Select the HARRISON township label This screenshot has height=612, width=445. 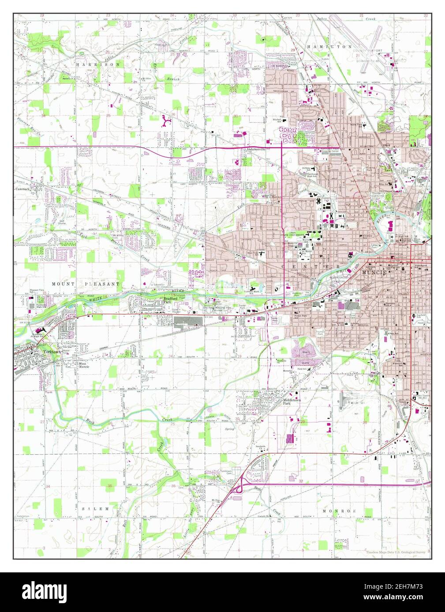click(98, 64)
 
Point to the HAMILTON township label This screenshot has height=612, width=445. click(330, 46)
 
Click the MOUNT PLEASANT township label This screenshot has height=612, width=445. click(86, 284)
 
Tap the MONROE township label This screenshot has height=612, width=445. click(339, 511)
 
